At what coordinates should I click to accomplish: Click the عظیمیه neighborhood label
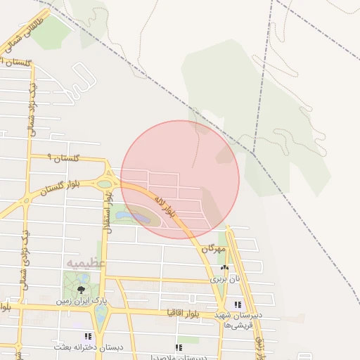(x=86, y=263)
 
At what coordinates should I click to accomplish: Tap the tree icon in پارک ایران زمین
(x=82, y=289)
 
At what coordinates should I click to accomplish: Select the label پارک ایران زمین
(x=83, y=301)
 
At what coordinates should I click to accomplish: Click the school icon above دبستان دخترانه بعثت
(x=88, y=337)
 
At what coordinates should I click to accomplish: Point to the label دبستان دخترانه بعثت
(x=89, y=347)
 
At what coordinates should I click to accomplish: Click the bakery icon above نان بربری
(x=225, y=268)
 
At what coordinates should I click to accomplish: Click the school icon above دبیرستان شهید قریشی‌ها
(x=238, y=304)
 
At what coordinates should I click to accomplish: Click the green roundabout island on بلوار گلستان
(x=104, y=184)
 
